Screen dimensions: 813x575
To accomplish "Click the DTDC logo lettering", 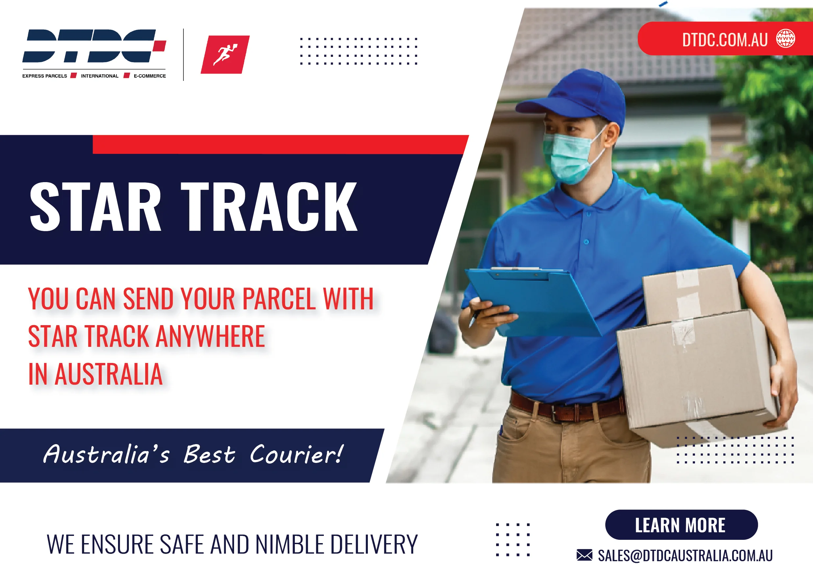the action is click(94, 46).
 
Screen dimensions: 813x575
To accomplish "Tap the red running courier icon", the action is click(225, 55).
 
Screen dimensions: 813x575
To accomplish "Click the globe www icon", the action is click(786, 38).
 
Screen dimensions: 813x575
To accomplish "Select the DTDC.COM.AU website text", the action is click(725, 40).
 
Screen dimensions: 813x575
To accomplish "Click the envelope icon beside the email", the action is click(584, 555).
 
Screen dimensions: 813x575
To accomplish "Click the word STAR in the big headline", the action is click(95, 207).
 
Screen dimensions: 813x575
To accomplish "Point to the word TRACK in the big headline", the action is click(269, 207).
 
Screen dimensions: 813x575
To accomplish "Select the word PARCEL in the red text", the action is click(279, 299).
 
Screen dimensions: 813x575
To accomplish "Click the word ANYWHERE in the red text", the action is click(210, 336).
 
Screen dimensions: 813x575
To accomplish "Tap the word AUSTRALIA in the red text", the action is click(109, 374).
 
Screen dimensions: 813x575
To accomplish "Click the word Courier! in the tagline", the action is click(297, 454).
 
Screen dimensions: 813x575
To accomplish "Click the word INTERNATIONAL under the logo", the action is click(100, 76).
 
